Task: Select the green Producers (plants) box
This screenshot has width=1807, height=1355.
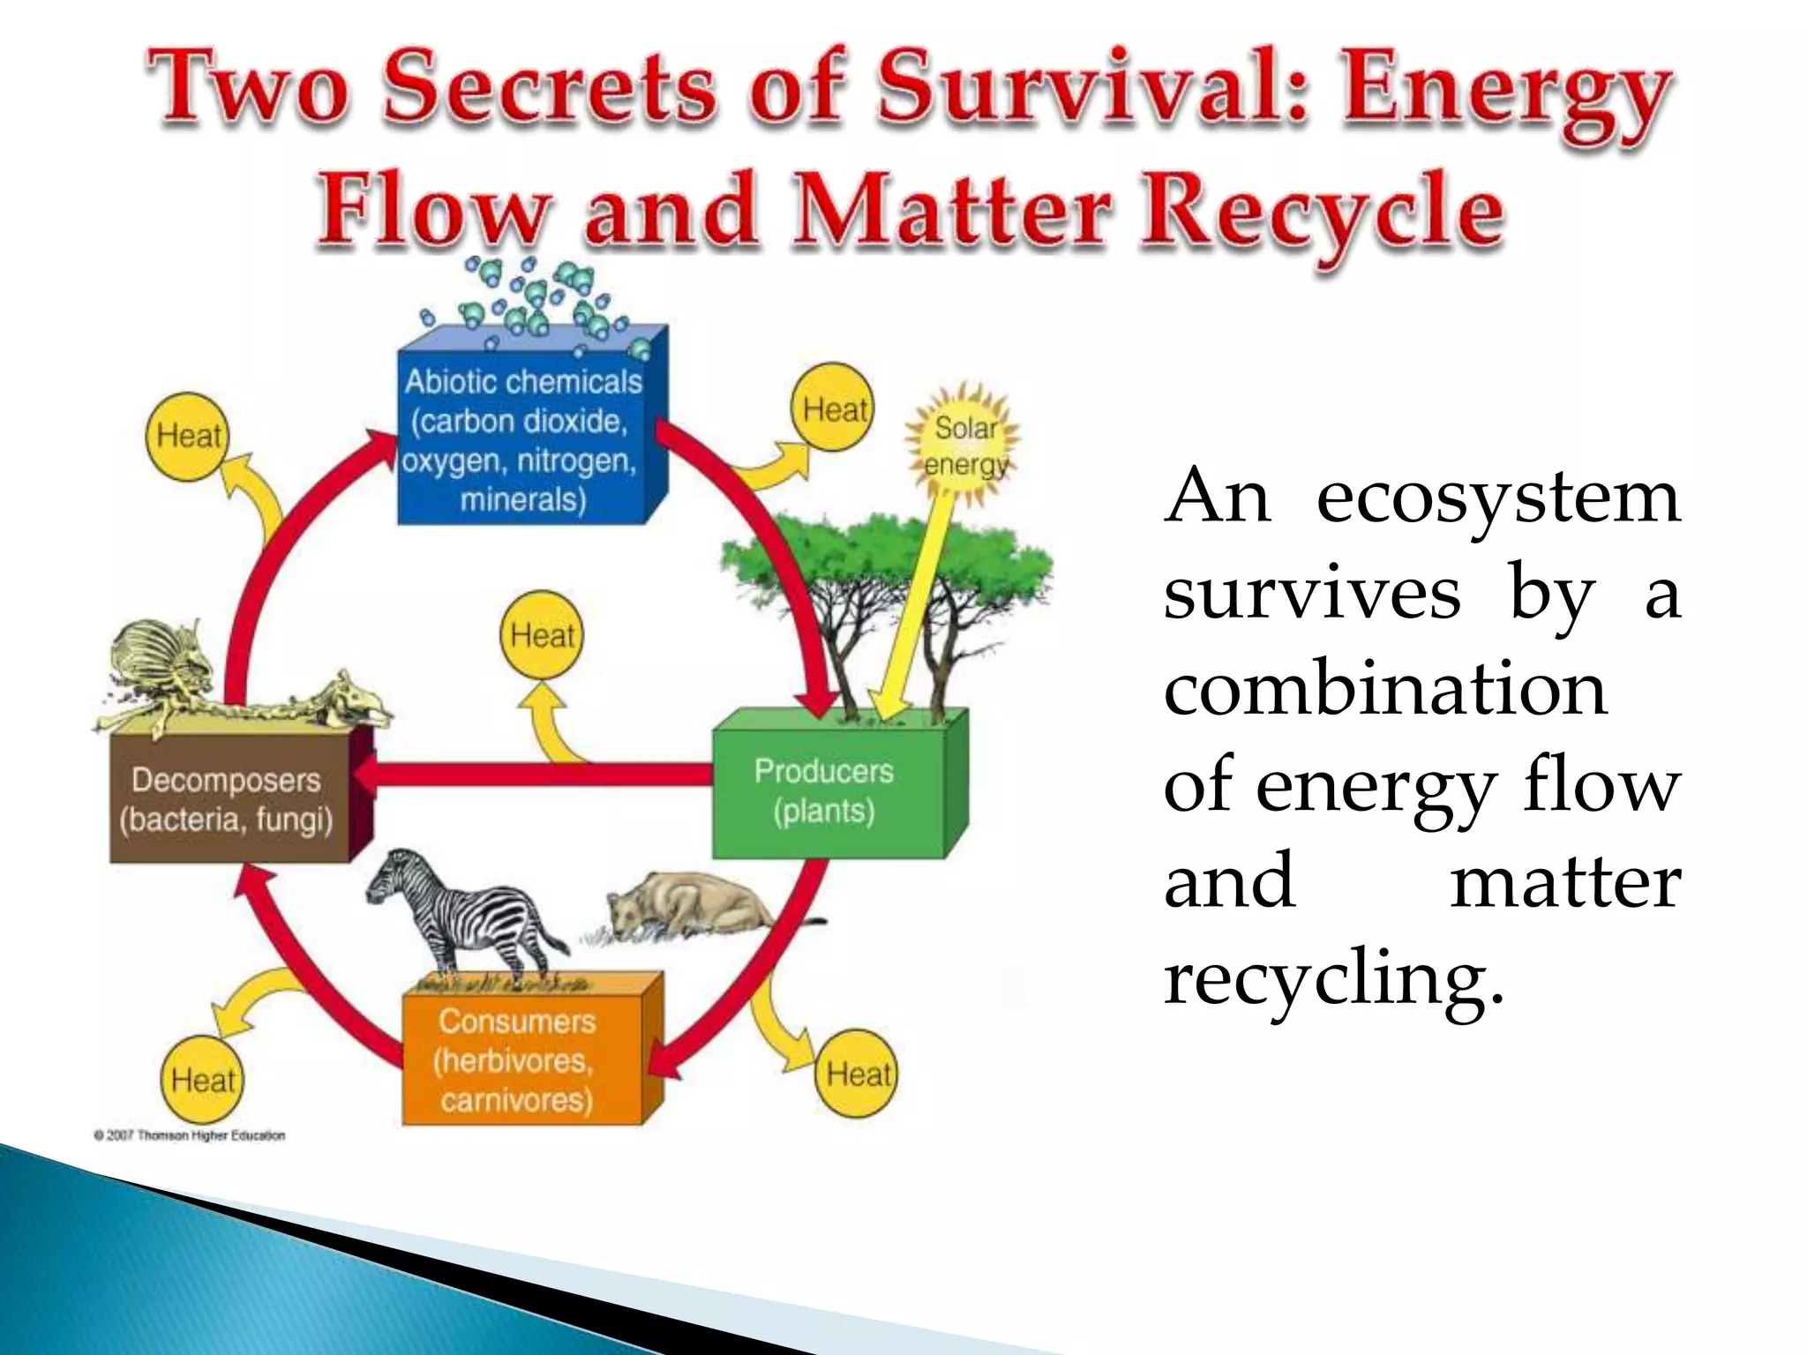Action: pyautogui.click(x=824, y=790)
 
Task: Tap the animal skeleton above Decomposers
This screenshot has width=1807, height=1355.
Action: pyautogui.click(x=238, y=679)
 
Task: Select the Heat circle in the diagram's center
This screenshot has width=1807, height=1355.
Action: pyautogui.click(x=542, y=635)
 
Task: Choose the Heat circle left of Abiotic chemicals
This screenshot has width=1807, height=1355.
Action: pyautogui.click(x=187, y=436)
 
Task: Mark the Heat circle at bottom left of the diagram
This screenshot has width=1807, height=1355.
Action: pyautogui.click(x=203, y=1080)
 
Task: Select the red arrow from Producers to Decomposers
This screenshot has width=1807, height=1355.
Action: pyautogui.click(x=538, y=774)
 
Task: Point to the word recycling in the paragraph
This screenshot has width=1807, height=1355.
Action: pyautogui.click(x=1332, y=979)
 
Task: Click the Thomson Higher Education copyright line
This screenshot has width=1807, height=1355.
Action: pyautogui.click(x=190, y=1135)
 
